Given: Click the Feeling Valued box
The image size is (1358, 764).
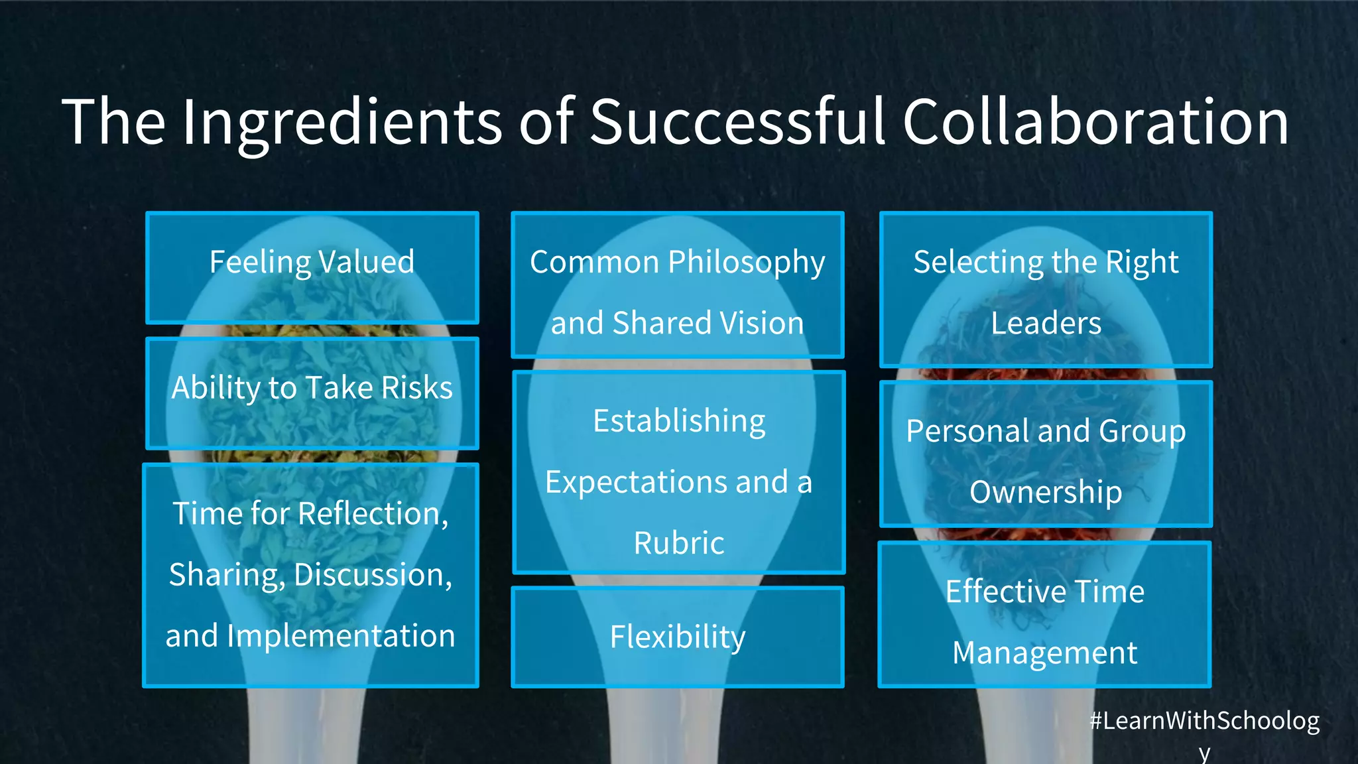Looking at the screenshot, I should [312, 267].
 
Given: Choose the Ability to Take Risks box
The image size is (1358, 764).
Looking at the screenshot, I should [312, 393].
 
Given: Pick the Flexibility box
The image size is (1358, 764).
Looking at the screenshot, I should [677, 637].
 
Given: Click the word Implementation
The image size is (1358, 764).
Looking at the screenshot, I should [341, 636].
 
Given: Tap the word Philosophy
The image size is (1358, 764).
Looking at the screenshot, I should [747, 263].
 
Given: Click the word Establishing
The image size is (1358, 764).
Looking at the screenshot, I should [679, 421].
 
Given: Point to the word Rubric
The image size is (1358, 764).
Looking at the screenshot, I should [679, 543].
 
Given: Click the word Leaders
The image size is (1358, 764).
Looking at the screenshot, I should [1046, 323].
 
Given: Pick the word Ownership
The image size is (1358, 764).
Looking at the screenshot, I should [1046, 492].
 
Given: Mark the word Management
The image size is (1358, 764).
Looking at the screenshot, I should [1045, 653].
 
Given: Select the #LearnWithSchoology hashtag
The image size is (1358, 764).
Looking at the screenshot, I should [1204, 722].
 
